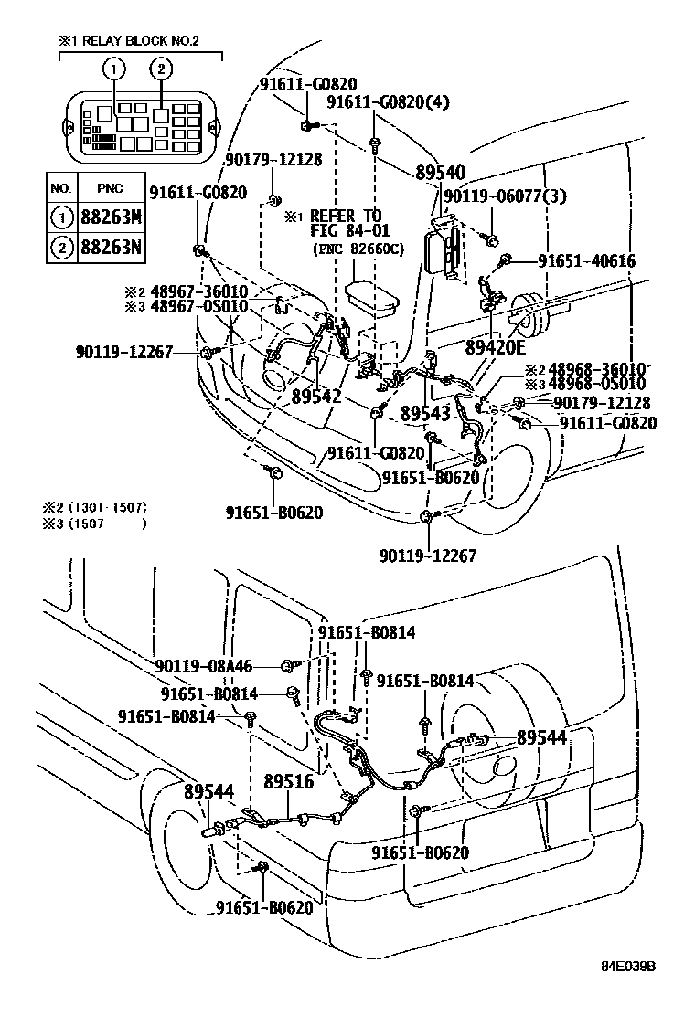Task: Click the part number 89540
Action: point(440,173)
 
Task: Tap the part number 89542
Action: point(316,397)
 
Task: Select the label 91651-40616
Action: point(586,261)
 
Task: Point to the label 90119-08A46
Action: point(203,667)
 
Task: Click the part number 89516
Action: point(288,782)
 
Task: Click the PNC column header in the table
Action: point(109,187)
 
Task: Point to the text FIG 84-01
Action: point(349,231)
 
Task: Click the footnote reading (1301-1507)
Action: point(107,507)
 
